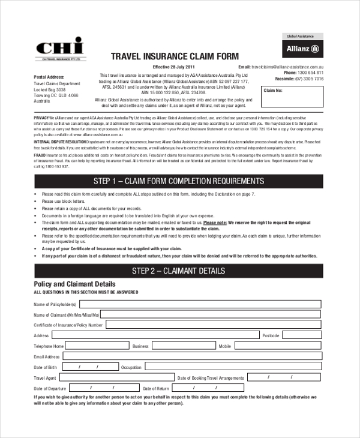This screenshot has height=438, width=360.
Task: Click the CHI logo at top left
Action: [61, 49]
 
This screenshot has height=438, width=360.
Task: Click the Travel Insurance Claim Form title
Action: [175, 56]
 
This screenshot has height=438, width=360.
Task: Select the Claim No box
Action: [292, 97]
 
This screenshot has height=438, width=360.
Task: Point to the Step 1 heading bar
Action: [179, 181]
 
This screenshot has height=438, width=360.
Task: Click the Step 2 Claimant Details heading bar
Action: [179, 271]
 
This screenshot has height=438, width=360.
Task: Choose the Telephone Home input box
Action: [96, 346]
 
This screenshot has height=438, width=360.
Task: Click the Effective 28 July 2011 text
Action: [174, 67]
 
